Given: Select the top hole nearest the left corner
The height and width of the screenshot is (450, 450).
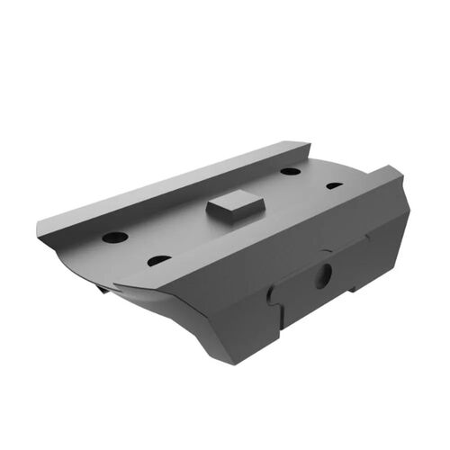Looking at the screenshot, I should click(115, 238).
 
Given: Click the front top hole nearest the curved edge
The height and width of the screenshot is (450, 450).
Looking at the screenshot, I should click(158, 260).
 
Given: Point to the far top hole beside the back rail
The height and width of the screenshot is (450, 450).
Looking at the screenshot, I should click(290, 170).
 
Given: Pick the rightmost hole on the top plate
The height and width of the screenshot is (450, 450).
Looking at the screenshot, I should click(334, 185).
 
